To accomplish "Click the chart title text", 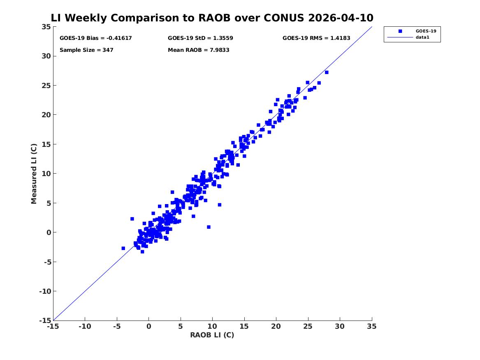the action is pyautogui.click(x=212, y=18).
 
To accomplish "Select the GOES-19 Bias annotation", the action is pyautogui.click(x=95, y=38).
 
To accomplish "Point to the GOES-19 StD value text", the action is pyautogui.click(x=200, y=38).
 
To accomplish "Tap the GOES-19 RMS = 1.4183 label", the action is pyautogui.click(x=316, y=38).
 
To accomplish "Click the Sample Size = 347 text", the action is pyautogui.click(x=86, y=50).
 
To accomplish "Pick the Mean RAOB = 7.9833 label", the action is pyautogui.click(x=198, y=50).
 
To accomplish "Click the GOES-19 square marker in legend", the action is pyautogui.click(x=400, y=31).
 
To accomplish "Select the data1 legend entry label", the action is pyautogui.click(x=422, y=37).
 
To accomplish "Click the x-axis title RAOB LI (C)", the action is pyautogui.click(x=212, y=335).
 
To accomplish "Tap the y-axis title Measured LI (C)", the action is pyautogui.click(x=34, y=174).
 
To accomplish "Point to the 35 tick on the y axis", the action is pyautogui.click(x=46, y=27).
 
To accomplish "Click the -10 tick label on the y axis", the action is pyautogui.click(x=45, y=291).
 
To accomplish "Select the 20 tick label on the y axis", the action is pyautogui.click(x=46, y=115).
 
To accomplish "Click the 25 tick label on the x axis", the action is pyautogui.click(x=308, y=326).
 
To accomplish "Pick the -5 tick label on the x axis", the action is pyautogui.click(x=117, y=326).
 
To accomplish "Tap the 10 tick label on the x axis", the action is pyautogui.click(x=212, y=326).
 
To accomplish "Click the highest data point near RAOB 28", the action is pyautogui.click(x=327, y=72).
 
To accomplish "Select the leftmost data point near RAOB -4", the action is pyautogui.click(x=123, y=248).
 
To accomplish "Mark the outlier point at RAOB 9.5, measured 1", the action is pyautogui.click(x=209, y=227).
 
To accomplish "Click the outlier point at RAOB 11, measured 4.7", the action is pyautogui.click(x=220, y=205).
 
